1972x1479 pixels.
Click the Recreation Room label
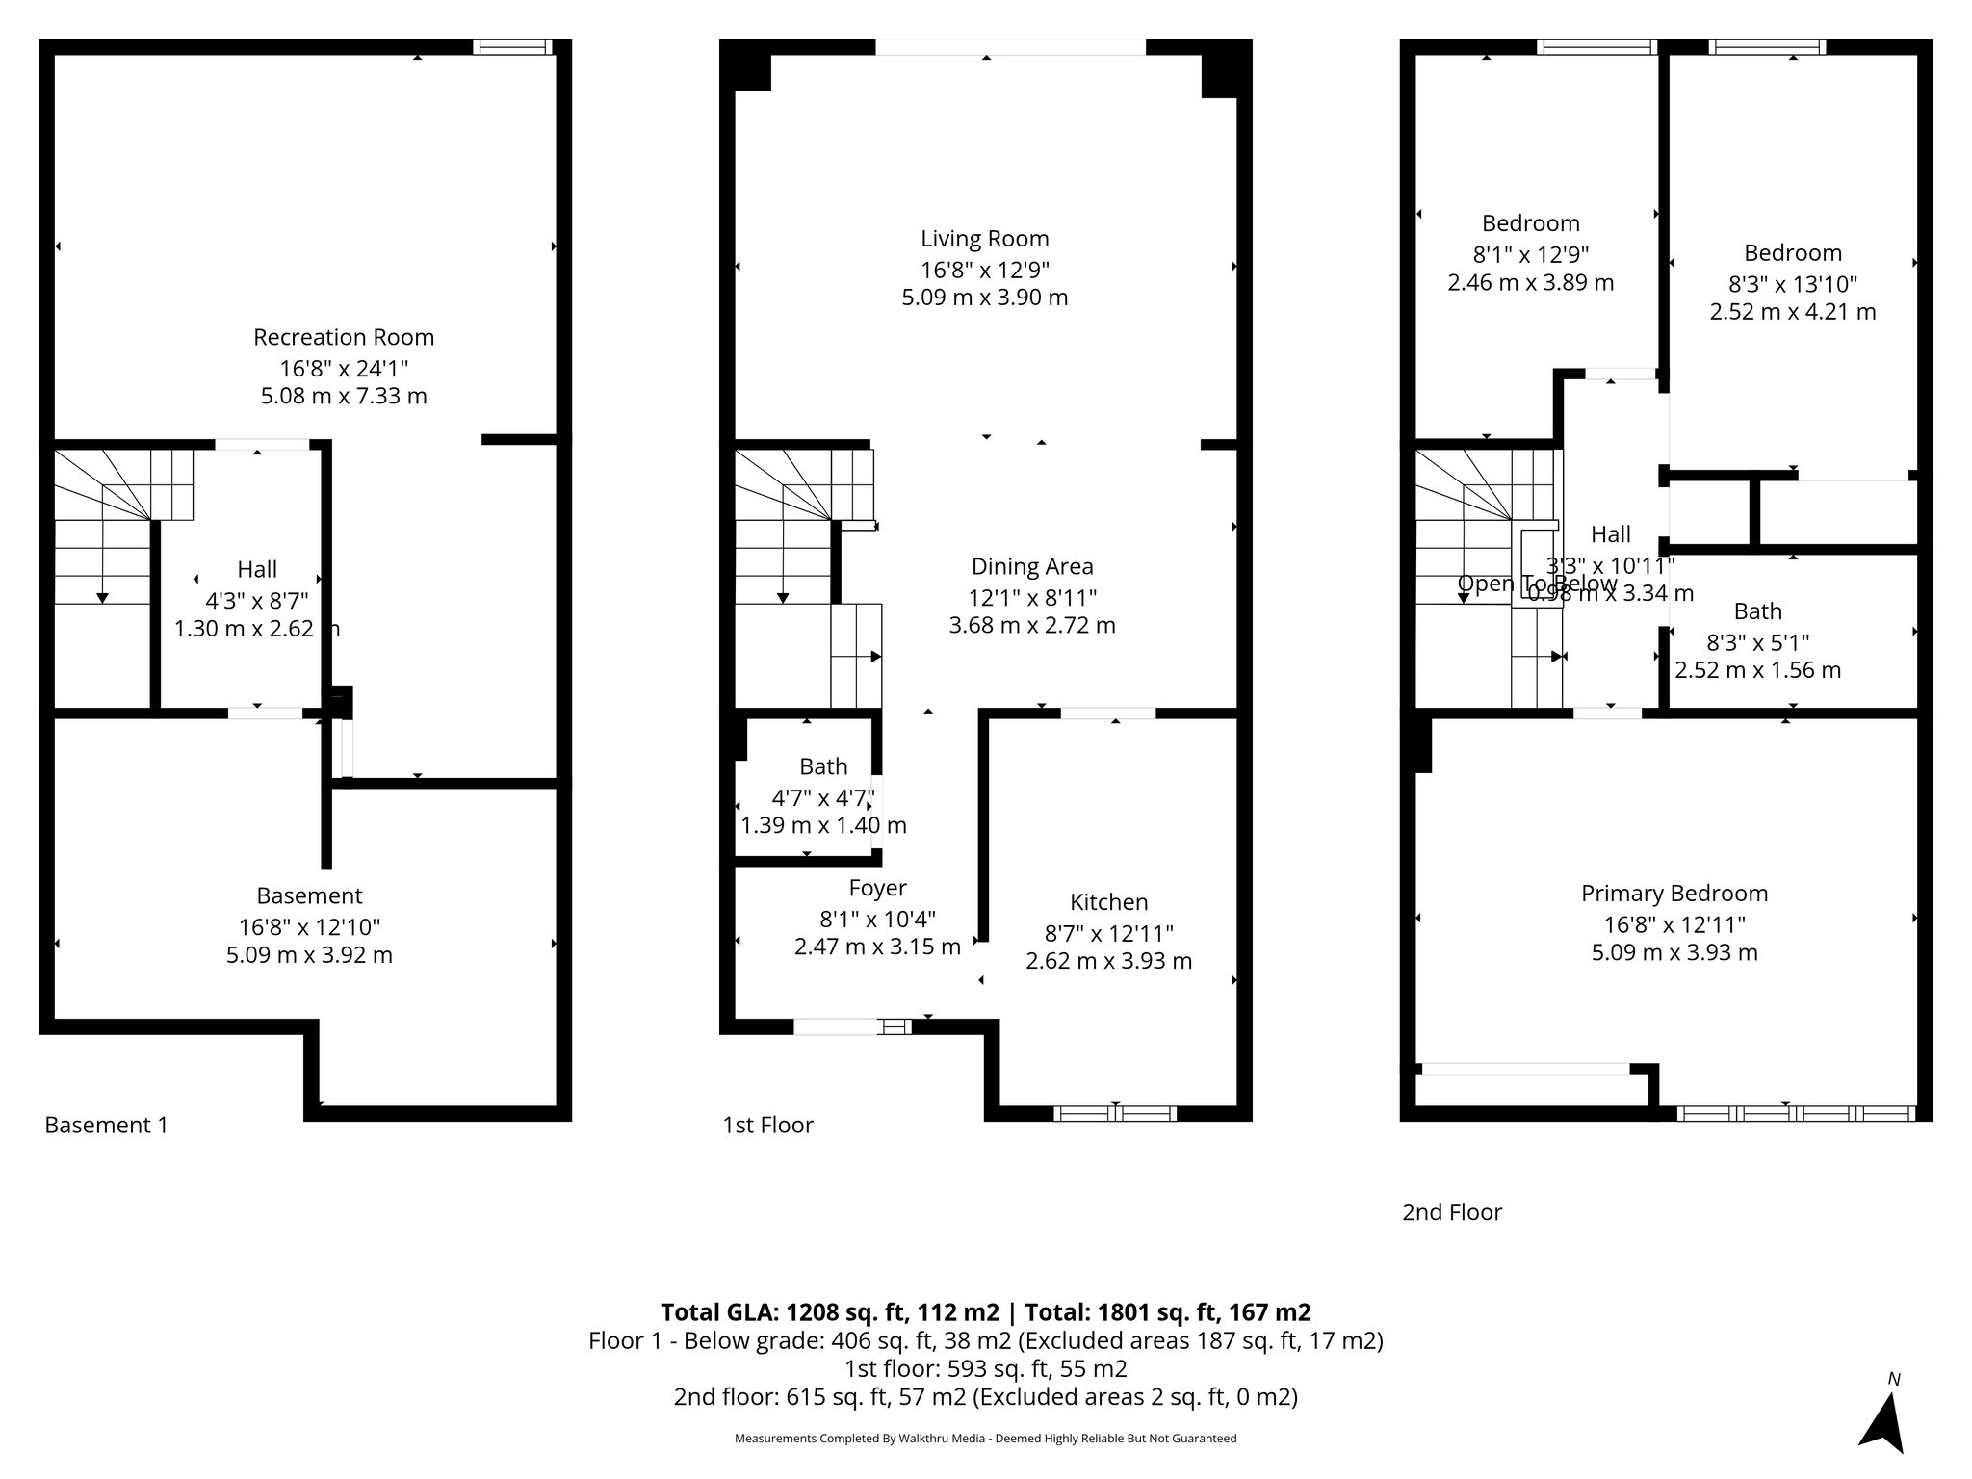344,337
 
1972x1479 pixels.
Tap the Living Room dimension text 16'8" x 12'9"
984,269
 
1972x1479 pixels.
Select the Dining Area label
1032,566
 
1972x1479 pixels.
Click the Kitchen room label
1108,902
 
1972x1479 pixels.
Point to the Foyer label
877,888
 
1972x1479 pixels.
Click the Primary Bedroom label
1674,894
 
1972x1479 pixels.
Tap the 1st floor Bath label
823,766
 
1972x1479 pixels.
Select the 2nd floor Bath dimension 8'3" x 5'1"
1757,641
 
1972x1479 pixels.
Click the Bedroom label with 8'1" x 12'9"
1530,223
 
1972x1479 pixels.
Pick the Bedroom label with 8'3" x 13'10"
1792,253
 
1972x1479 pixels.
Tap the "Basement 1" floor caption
106,1125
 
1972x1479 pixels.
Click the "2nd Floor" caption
1451,1212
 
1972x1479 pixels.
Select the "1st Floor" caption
767,1125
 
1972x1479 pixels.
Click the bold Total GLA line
985,1312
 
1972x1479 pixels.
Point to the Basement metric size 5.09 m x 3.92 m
309,955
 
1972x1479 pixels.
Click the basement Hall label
257,569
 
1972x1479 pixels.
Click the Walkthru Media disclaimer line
985,1439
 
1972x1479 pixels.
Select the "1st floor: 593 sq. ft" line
985,1368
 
